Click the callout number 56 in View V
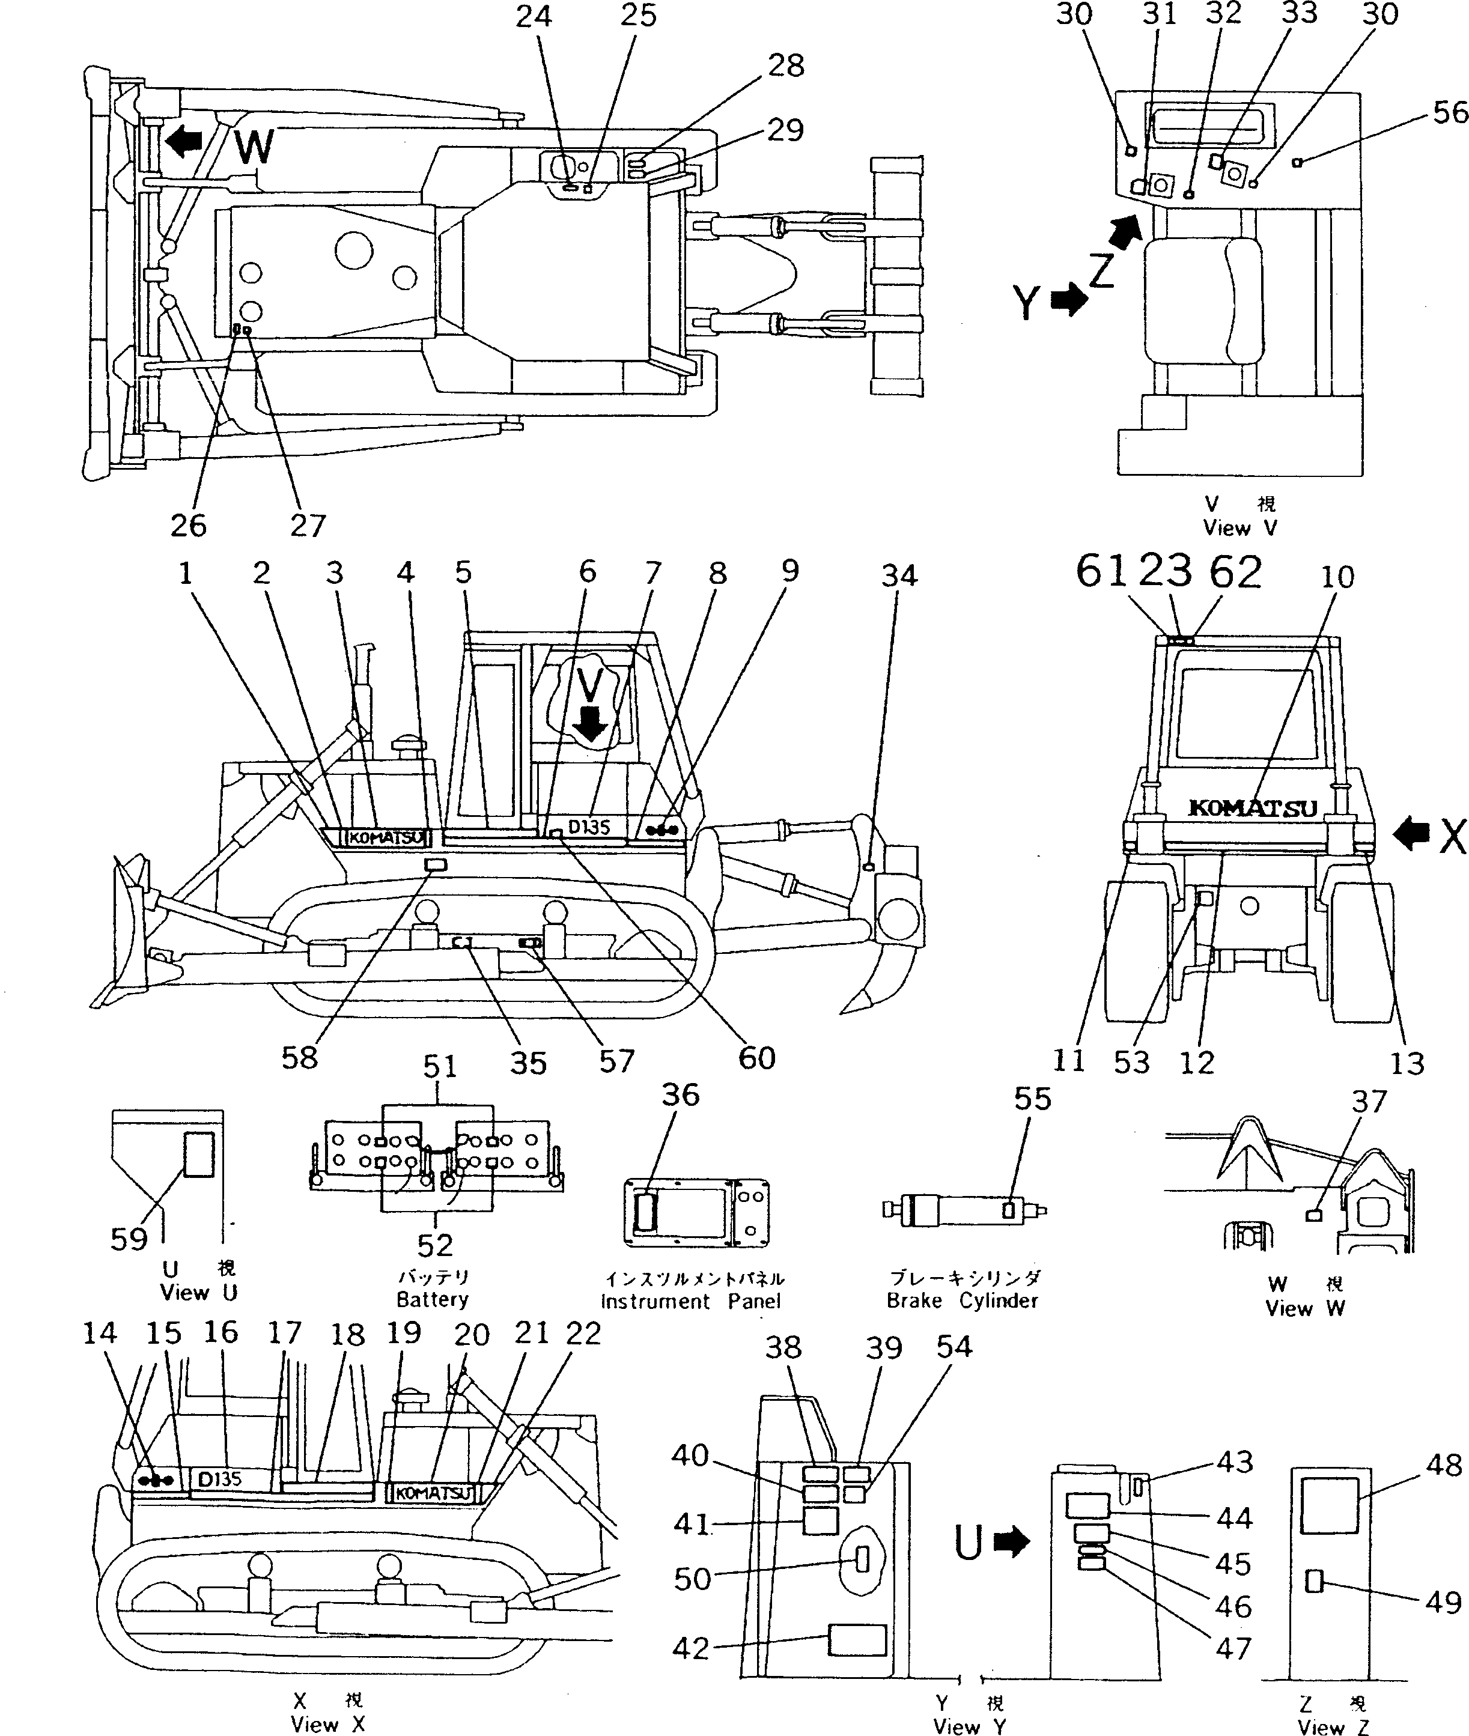pyautogui.click(x=1450, y=112)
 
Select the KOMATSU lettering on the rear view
pyautogui.click(x=1252, y=808)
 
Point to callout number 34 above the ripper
pyautogui.click(x=899, y=576)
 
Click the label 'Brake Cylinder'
pyautogui.click(x=962, y=1300)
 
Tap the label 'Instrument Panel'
pyautogui.click(x=690, y=1301)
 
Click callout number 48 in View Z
pyautogui.click(x=1443, y=1464)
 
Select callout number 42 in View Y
pyautogui.click(x=690, y=1648)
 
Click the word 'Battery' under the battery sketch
pyautogui.click(x=432, y=1299)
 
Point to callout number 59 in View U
pyautogui.click(x=129, y=1239)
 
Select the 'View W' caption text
pyautogui.click(x=1304, y=1308)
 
